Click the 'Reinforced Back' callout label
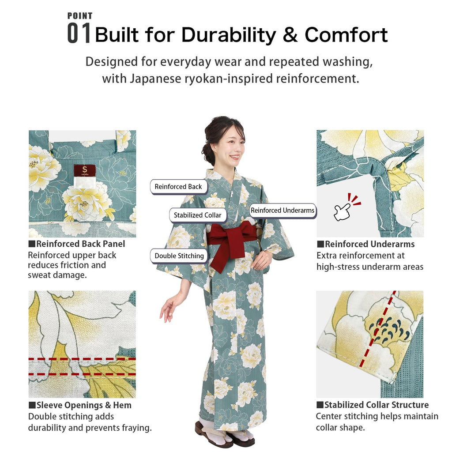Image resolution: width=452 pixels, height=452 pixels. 178,187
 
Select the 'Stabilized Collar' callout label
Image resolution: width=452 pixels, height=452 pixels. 197,215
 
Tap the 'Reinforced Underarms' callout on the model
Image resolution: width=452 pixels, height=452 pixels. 282,211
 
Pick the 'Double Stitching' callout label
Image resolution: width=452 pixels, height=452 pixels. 179,256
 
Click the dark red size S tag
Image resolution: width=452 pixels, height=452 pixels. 84,170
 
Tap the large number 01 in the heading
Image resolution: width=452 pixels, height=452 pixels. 79,34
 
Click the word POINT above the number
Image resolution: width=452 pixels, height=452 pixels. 80,16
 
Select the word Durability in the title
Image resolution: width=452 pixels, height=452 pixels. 230,35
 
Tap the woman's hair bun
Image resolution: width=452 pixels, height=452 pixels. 208,153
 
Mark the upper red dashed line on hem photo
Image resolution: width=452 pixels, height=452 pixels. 82,359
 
